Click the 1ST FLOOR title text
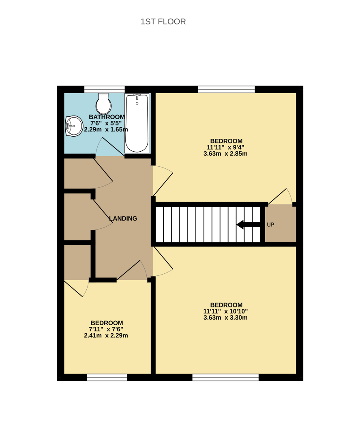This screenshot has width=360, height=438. click(x=163, y=21)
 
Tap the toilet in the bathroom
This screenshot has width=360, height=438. click(x=104, y=104)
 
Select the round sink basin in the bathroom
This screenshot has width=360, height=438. click(x=74, y=126)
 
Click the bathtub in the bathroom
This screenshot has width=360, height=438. click(x=137, y=123)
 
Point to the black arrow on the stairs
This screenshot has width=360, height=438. click(x=248, y=224)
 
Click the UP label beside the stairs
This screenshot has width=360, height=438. click(x=270, y=225)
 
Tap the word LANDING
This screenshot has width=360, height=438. click(x=123, y=219)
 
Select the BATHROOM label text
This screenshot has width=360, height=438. click(x=107, y=117)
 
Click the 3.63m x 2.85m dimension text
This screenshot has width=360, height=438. click(x=225, y=154)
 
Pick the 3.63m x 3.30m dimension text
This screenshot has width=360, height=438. click(x=225, y=318)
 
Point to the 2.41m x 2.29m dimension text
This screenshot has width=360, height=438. click(x=106, y=335)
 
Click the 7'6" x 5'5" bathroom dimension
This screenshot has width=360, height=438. click(x=106, y=123)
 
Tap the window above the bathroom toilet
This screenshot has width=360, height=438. click(x=105, y=89)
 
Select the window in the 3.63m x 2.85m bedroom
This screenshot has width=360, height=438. click(x=227, y=89)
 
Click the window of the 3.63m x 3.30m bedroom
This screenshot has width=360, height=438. click(x=225, y=378)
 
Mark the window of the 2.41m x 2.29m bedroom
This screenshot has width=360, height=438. click(x=107, y=378)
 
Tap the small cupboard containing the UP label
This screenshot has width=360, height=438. click(x=281, y=223)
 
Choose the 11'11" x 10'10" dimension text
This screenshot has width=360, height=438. click(x=225, y=311)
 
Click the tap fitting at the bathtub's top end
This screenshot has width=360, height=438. click(x=137, y=96)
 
